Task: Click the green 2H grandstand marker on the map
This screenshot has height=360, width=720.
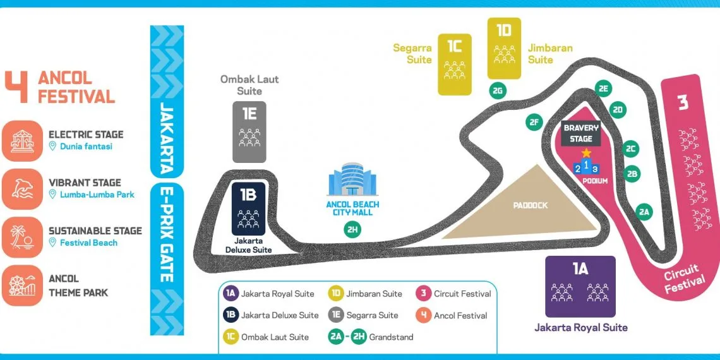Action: pos(352,230)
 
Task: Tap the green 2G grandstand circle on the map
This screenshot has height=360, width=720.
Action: pos(498,91)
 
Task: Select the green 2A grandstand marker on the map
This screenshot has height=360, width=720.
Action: pos(644,212)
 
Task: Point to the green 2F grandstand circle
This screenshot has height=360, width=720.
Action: pos(534,123)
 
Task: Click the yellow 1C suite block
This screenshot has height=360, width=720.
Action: pos(455,64)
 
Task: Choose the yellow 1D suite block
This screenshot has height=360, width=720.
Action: pos(504,48)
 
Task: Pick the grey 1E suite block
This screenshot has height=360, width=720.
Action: pos(249,131)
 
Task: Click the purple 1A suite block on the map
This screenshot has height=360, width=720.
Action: pos(580,285)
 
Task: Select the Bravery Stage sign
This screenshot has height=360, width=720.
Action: pos(581,133)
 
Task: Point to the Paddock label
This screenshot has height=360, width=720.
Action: pos(531,205)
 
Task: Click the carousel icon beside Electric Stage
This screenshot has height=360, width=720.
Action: pos(22,141)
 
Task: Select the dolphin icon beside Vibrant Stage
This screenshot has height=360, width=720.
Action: pos(22,189)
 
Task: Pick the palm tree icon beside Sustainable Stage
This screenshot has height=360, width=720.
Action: pos(22,237)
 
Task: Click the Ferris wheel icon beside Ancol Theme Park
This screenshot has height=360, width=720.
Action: pos(22,285)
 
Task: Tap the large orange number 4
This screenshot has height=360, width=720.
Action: pos(17,87)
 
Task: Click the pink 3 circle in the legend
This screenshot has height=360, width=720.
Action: pos(423,294)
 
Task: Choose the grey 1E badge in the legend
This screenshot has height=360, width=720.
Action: pos(337,315)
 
